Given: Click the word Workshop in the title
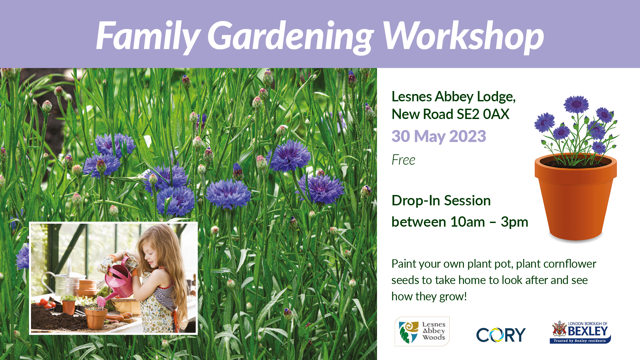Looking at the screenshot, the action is [463, 36].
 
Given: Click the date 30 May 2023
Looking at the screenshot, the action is [439, 136].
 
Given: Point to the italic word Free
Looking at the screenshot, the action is [403, 160].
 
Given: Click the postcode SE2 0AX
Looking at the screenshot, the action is [483, 114].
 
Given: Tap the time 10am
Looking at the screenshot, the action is [467, 222].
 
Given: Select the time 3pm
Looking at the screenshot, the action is [514, 222].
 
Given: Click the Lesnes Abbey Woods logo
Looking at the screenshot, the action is [422, 331].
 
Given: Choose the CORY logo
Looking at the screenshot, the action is [501, 335].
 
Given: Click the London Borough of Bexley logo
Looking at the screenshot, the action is [580, 332].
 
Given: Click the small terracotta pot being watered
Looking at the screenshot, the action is [96, 318].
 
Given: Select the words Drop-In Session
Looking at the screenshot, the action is [441, 201].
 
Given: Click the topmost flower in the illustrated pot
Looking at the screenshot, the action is [576, 104].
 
